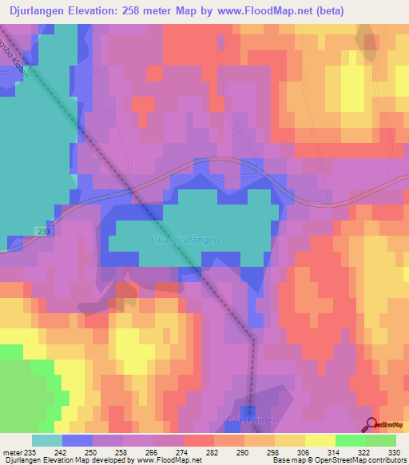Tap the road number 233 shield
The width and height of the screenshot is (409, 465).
click(43, 231)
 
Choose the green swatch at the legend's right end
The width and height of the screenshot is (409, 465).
click(380, 440)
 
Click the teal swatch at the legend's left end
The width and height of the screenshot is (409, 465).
click(46, 440)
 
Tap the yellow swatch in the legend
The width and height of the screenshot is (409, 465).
click(320, 440)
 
